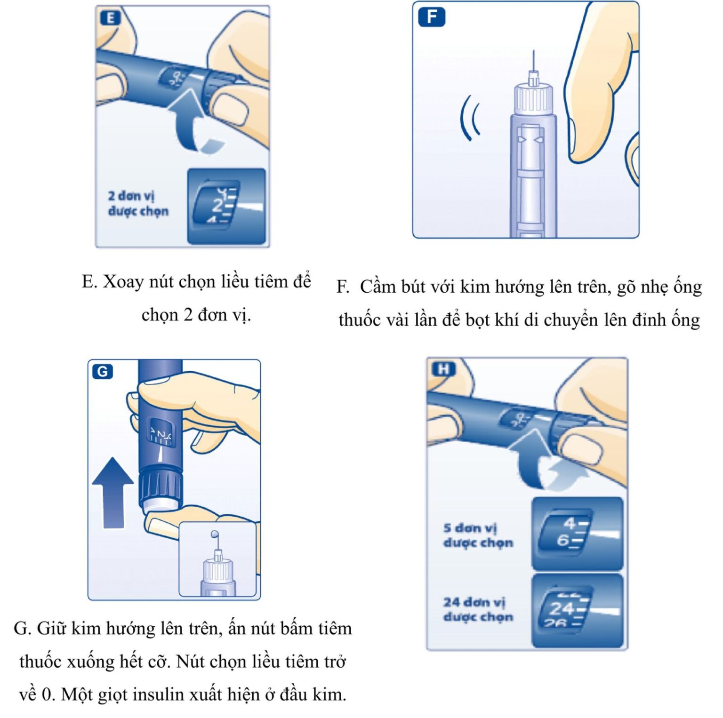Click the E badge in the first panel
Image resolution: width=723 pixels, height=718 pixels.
(111, 18)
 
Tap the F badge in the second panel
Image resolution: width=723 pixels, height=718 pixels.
(431, 17)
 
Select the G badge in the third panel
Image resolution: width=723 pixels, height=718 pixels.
(103, 372)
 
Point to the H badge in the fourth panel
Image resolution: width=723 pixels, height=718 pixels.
(443, 369)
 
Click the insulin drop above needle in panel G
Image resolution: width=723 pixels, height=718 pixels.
(215, 535)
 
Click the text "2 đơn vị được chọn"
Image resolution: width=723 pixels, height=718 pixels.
(138, 203)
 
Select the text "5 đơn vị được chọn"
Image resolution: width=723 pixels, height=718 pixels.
(477, 535)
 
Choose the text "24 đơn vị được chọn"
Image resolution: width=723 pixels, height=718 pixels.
(477, 609)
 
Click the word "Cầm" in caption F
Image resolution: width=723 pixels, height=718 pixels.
(378, 287)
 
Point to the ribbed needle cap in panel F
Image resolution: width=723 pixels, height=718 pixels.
(533, 98)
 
